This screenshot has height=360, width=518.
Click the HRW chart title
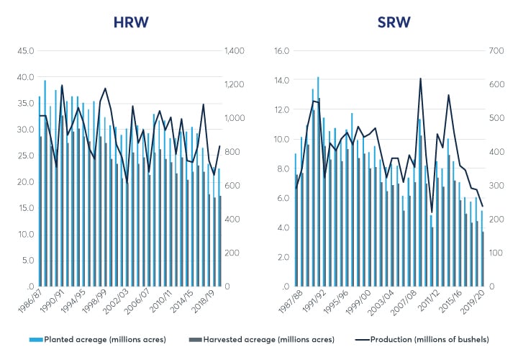click(x=131, y=22)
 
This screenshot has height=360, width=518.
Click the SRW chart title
click(x=394, y=22)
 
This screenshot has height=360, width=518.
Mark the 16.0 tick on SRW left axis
click(x=283, y=51)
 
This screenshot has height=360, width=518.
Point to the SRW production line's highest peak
click(x=420, y=78)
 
